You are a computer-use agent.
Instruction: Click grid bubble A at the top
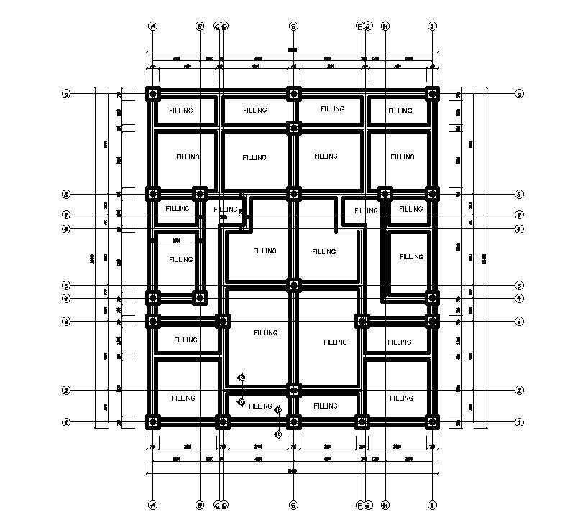(x=152, y=26)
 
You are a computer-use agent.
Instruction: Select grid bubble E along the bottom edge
(x=293, y=504)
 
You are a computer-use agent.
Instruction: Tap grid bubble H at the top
(x=385, y=26)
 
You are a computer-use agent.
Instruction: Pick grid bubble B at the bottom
(x=200, y=504)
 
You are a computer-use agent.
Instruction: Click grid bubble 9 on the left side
(x=66, y=94)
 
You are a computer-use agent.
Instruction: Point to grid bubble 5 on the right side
(x=519, y=285)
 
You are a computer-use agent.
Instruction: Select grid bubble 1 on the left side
(x=66, y=422)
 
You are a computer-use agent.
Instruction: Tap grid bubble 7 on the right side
(x=519, y=215)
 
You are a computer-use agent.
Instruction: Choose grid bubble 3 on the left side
(x=66, y=321)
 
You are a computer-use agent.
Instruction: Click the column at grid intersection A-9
(x=153, y=94)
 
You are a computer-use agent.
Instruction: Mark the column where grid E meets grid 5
(x=293, y=285)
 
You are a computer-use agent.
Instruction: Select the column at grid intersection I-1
(x=432, y=422)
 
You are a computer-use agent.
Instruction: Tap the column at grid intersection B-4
(x=200, y=297)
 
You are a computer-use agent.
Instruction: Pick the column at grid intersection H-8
(x=385, y=193)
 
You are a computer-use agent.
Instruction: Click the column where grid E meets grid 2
(x=293, y=391)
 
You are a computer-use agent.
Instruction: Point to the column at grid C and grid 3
(x=223, y=321)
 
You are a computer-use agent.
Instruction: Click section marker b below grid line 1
(x=278, y=434)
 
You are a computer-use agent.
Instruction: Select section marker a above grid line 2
(x=242, y=377)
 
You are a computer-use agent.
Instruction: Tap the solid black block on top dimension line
(x=292, y=50)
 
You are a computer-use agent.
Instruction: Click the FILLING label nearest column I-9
(x=400, y=111)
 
